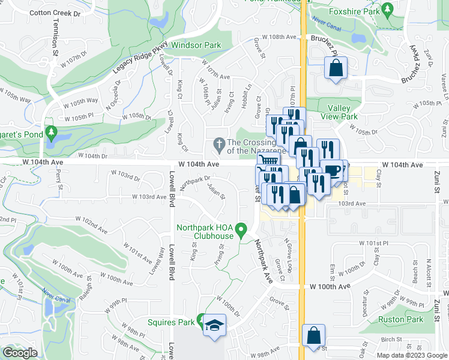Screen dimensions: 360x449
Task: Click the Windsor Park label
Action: pyautogui.click(x=196, y=45)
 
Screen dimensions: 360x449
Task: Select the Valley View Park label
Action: pyautogui.click(x=343, y=112)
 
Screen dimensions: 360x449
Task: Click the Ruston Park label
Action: pyautogui.click(x=401, y=320)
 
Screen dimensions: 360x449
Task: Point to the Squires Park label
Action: pyautogui.click(x=171, y=322)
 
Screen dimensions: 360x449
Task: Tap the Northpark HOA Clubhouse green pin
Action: pyautogui.click(x=241, y=229)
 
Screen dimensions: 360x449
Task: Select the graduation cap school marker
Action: pyautogui.click(x=213, y=325)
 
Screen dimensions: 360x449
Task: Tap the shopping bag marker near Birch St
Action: pyautogui.click(x=313, y=335)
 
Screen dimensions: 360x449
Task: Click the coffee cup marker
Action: pyautogui.click(x=332, y=170)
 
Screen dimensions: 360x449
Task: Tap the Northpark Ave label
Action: pyautogui.click(x=262, y=261)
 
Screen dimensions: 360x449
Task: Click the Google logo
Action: pyautogui.click(x=20, y=352)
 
